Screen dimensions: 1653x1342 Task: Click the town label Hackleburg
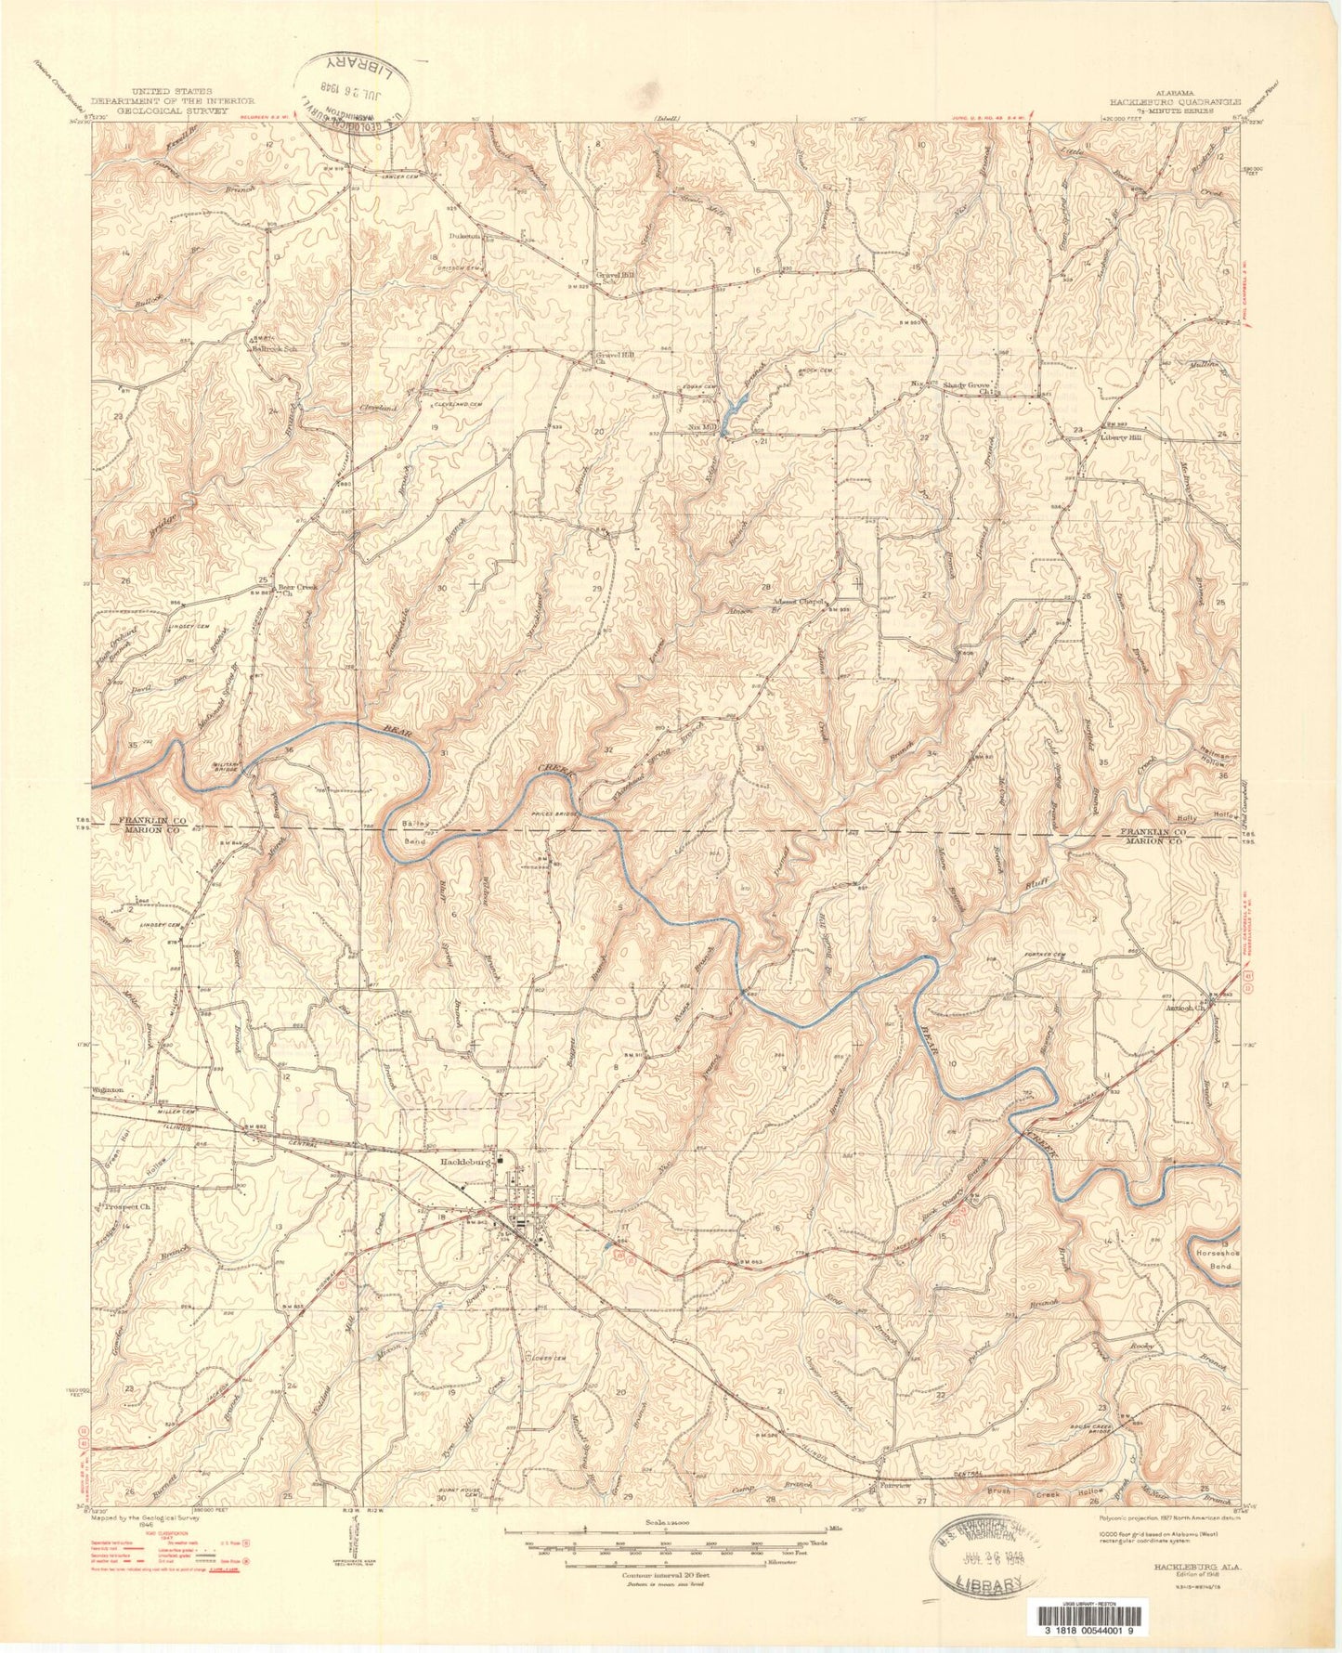tap(466, 1161)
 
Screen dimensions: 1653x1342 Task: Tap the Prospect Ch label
tap(126, 1206)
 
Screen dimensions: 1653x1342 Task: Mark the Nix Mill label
tap(703, 427)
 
